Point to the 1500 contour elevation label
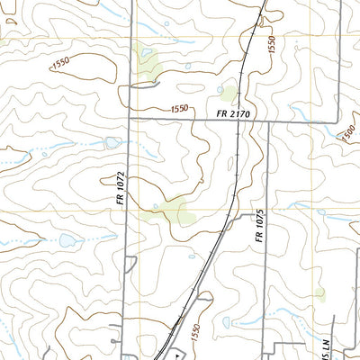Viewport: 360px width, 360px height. [x=348, y=133]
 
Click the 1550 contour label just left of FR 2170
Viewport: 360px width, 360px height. [x=179, y=109]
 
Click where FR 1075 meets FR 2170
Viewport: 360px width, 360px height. [x=269, y=121]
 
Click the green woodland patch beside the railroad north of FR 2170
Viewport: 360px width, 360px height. [x=228, y=93]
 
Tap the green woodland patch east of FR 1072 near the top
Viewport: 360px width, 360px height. [x=146, y=59]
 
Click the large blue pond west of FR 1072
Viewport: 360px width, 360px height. [x=67, y=240]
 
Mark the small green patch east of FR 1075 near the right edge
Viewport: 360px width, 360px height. [x=319, y=292]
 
